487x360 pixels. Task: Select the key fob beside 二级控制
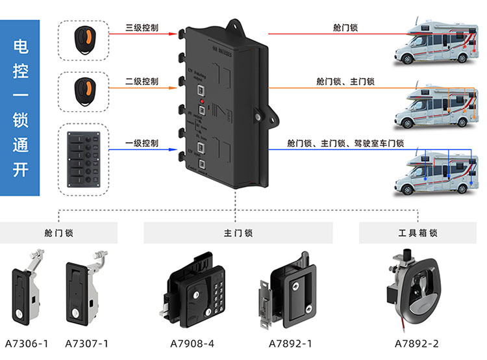click(x=82, y=88)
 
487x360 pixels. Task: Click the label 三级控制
click(x=142, y=29)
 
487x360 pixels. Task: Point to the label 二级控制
click(x=142, y=82)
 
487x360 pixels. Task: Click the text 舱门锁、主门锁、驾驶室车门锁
click(x=345, y=144)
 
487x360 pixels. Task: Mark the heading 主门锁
click(x=238, y=233)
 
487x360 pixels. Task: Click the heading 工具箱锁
click(x=418, y=233)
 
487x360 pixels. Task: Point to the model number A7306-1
click(x=27, y=343)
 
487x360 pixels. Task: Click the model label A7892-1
click(x=290, y=343)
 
